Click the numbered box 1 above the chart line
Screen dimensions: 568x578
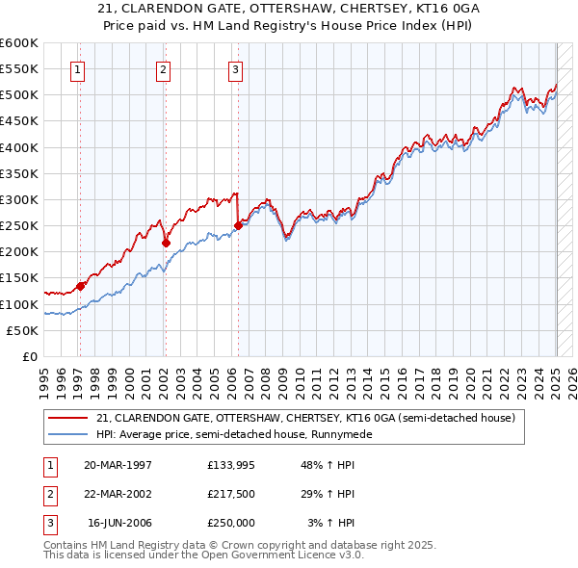point(77,68)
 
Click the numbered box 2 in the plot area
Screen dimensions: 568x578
point(164,68)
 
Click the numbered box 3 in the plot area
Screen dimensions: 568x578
point(235,68)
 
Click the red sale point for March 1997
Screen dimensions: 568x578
point(80,286)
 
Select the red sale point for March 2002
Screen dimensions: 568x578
point(166,243)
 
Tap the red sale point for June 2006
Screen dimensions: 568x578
point(238,225)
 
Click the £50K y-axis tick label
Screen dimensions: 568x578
point(23,330)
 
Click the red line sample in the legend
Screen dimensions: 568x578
point(67,418)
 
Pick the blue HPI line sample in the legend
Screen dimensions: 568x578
point(67,434)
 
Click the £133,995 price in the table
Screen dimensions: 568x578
point(230,464)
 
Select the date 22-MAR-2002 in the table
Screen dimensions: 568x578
point(118,494)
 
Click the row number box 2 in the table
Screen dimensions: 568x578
point(48,494)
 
